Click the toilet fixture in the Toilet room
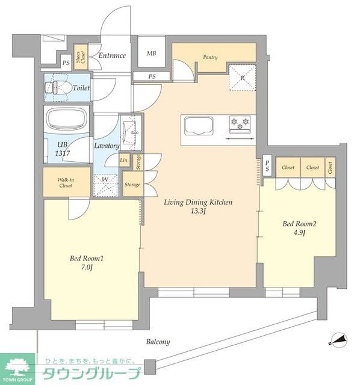click(x=57, y=88)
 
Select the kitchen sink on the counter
click(x=199, y=126)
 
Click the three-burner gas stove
click(x=240, y=124)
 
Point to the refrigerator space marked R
click(x=242, y=77)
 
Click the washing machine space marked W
click(x=105, y=185)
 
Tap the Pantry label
click(x=210, y=57)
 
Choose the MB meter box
click(x=151, y=51)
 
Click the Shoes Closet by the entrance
click(x=81, y=57)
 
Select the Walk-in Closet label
click(x=66, y=183)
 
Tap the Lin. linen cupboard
click(x=125, y=161)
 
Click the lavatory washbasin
click(x=130, y=132)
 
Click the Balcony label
click(x=158, y=342)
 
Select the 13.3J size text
click(x=198, y=211)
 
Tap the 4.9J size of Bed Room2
click(x=299, y=233)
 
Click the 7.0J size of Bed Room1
click(x=87, y=267)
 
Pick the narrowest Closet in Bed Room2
click(x=331, y=167)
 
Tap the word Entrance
click(x=112, y=55)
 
